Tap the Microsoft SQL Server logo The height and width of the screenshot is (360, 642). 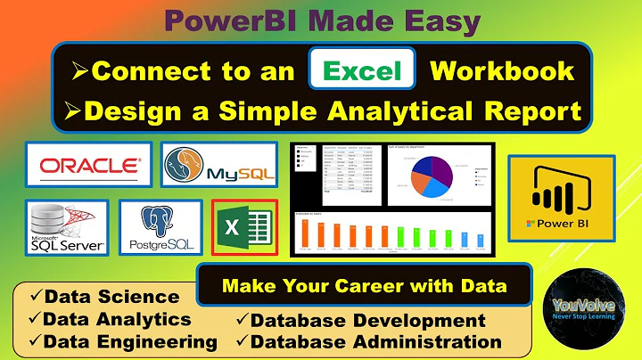[x=67, y=227]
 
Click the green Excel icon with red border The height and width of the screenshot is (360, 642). [x=243, y=227]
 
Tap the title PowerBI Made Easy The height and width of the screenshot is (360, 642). [x=320, y=20]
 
